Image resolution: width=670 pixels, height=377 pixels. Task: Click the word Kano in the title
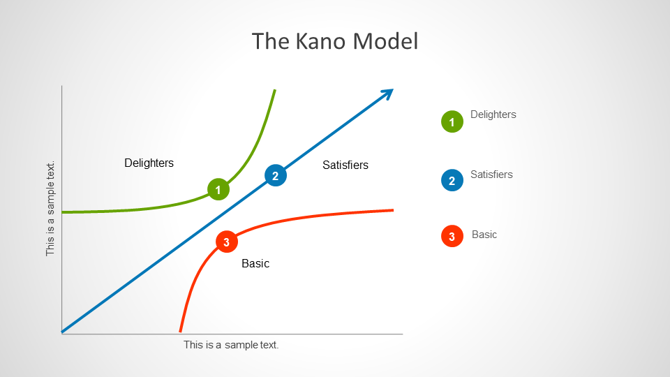[x=320, y=41]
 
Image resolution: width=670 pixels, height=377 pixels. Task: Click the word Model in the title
[x=385, y=41]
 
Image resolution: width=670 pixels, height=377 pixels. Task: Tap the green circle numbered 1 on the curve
[x=218, y=189]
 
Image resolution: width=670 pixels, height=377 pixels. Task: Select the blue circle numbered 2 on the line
[x=276, y=175]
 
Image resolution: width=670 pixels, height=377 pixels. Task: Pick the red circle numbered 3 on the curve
[x=227, y=242]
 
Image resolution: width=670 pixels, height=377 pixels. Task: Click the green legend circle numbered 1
[x=452, y=121]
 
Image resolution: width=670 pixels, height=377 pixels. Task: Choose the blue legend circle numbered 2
[x=452, y=180]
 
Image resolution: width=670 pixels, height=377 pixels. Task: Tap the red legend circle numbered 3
[x=452, y=237]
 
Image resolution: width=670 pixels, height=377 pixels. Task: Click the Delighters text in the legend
[x=493, y=114]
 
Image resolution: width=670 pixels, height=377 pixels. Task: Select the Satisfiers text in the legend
[x=491, y=175]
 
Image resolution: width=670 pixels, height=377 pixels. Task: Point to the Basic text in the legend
[x=484, y=235]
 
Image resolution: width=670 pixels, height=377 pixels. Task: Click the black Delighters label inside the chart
[x=149, y=163]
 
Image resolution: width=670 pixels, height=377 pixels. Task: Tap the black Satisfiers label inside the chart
[x=345, y=165]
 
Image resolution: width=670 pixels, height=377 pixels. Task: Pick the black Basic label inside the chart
[x=255, y=263]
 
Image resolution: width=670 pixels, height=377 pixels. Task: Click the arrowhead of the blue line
[x=388, y=93]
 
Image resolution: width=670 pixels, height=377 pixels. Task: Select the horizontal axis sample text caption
[x=231, y=345]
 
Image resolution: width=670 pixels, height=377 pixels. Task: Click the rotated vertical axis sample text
[x=50, y=209]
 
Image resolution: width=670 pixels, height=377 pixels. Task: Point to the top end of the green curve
[x=275, y=90]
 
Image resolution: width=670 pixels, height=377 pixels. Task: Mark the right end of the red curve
[x=393, y=210]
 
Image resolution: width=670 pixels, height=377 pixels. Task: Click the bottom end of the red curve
[x=180, y=332]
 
